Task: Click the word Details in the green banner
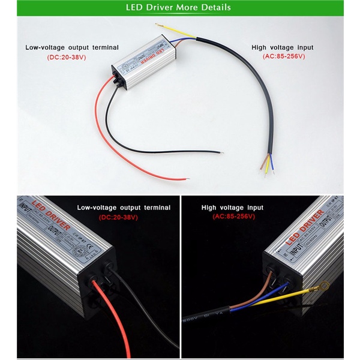pyautogui.click(x=212, y=8)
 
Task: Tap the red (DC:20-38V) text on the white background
pyautogui.click(x=71, y=57)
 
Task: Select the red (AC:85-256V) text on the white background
pyautogui.click(x=284, y=56)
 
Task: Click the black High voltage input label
pyautogui.click(x=283, y=47)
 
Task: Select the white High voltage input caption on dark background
pyautogui.click(x=232, y=208)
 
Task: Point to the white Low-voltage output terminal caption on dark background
pyautogui.click(x=124, y=208)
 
